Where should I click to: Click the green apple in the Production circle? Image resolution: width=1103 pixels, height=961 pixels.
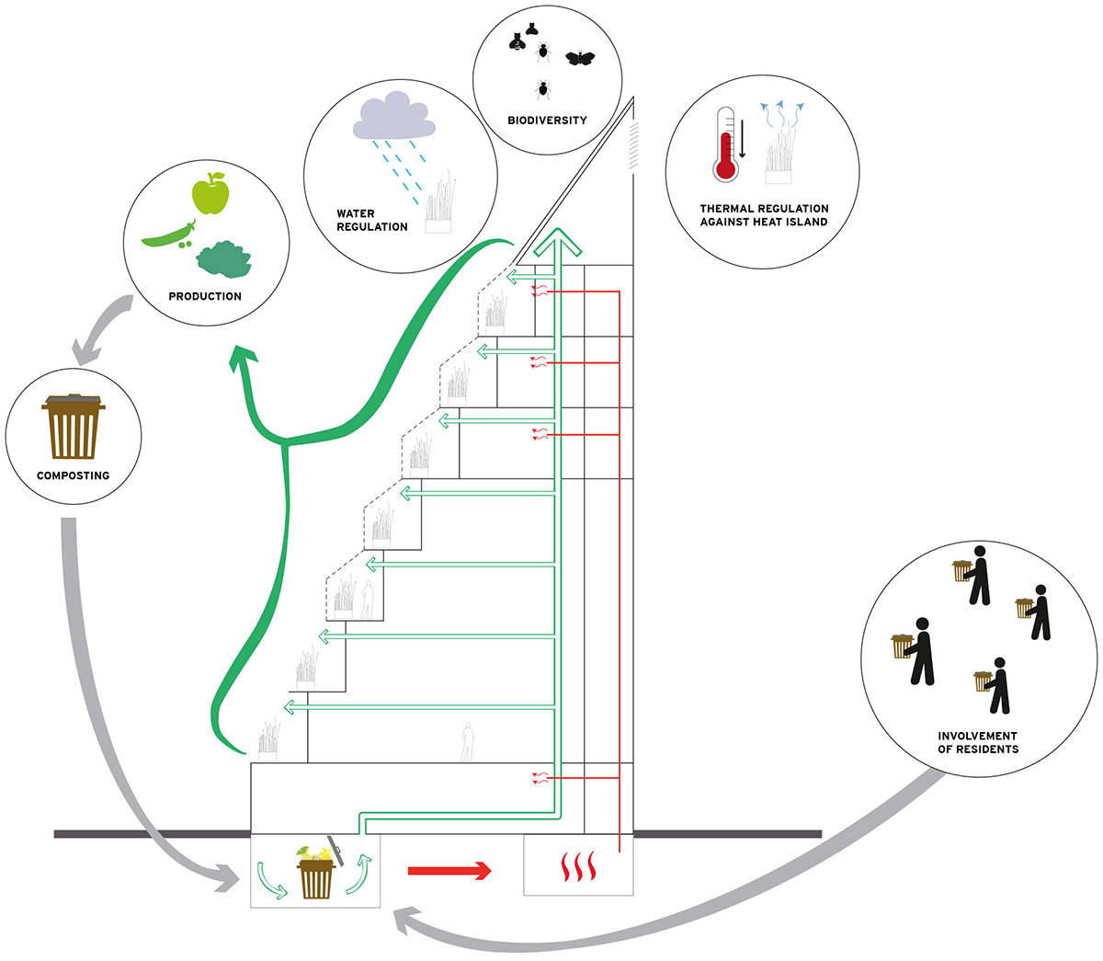[210, 194]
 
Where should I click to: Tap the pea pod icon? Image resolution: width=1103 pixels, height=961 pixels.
[167, 237]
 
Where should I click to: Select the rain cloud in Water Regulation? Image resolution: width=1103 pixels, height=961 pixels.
[393, 117]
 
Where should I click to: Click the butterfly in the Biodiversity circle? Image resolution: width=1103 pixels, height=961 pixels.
[580, 58]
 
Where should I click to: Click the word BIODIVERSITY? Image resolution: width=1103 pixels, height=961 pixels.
[547, 120]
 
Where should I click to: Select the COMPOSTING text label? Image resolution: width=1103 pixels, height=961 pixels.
[73, 475]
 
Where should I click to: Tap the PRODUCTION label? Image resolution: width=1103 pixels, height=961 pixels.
[205, 296]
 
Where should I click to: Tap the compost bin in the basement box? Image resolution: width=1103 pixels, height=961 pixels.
[315, 874]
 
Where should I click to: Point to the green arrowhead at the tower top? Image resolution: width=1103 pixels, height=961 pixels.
[559, 242]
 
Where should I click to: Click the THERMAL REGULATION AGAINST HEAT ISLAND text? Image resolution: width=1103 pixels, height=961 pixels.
[764, 215]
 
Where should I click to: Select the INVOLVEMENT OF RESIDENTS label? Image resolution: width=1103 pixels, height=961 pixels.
[977, 742]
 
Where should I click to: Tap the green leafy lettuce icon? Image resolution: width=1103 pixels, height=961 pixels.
[223, 259]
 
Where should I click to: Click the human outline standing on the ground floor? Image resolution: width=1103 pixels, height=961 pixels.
[467, 742]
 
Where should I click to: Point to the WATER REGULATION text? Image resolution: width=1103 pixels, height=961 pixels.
[371, 220]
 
